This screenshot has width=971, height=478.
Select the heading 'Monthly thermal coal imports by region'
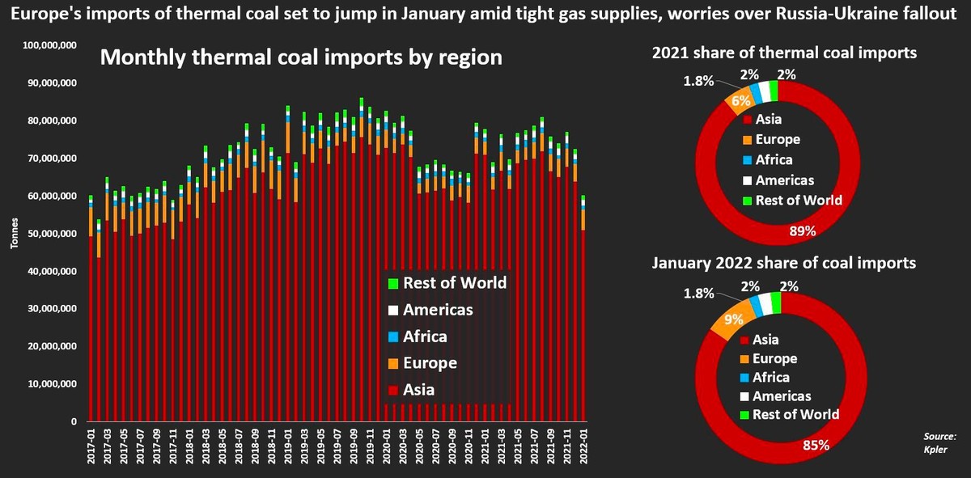(300, 59)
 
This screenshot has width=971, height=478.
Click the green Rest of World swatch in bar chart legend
(393, 284)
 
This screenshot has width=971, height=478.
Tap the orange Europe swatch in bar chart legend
(393, 364)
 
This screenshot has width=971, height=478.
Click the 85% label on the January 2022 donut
(812, 443)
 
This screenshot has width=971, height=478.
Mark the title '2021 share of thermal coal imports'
(784, 53)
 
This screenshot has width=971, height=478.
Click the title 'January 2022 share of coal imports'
(784, 263)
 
